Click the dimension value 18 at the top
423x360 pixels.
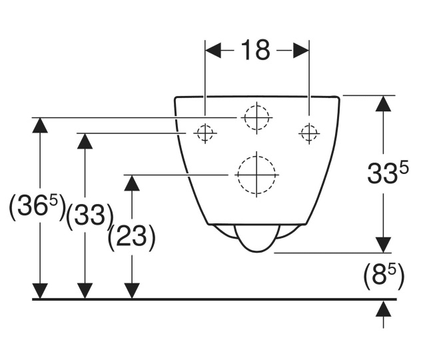pos(256,51)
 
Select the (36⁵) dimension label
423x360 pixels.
pos(37,209)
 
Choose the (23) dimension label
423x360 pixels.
pos(132,237)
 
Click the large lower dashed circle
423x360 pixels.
pos(256,175)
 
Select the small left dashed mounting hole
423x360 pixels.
pos(205,133)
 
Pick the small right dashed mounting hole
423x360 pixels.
pos(308,133)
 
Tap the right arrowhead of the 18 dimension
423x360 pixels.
pos(300,51)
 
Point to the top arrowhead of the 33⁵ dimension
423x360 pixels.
pos(384,103)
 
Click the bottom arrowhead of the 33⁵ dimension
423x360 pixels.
pos(384,245)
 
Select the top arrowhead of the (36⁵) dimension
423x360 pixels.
pos(41,125)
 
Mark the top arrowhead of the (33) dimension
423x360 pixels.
pos(85,141)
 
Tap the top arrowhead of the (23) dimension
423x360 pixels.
pos(133,183)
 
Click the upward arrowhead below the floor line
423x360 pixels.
pos(384,309)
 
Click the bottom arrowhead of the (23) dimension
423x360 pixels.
pos(133,291)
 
